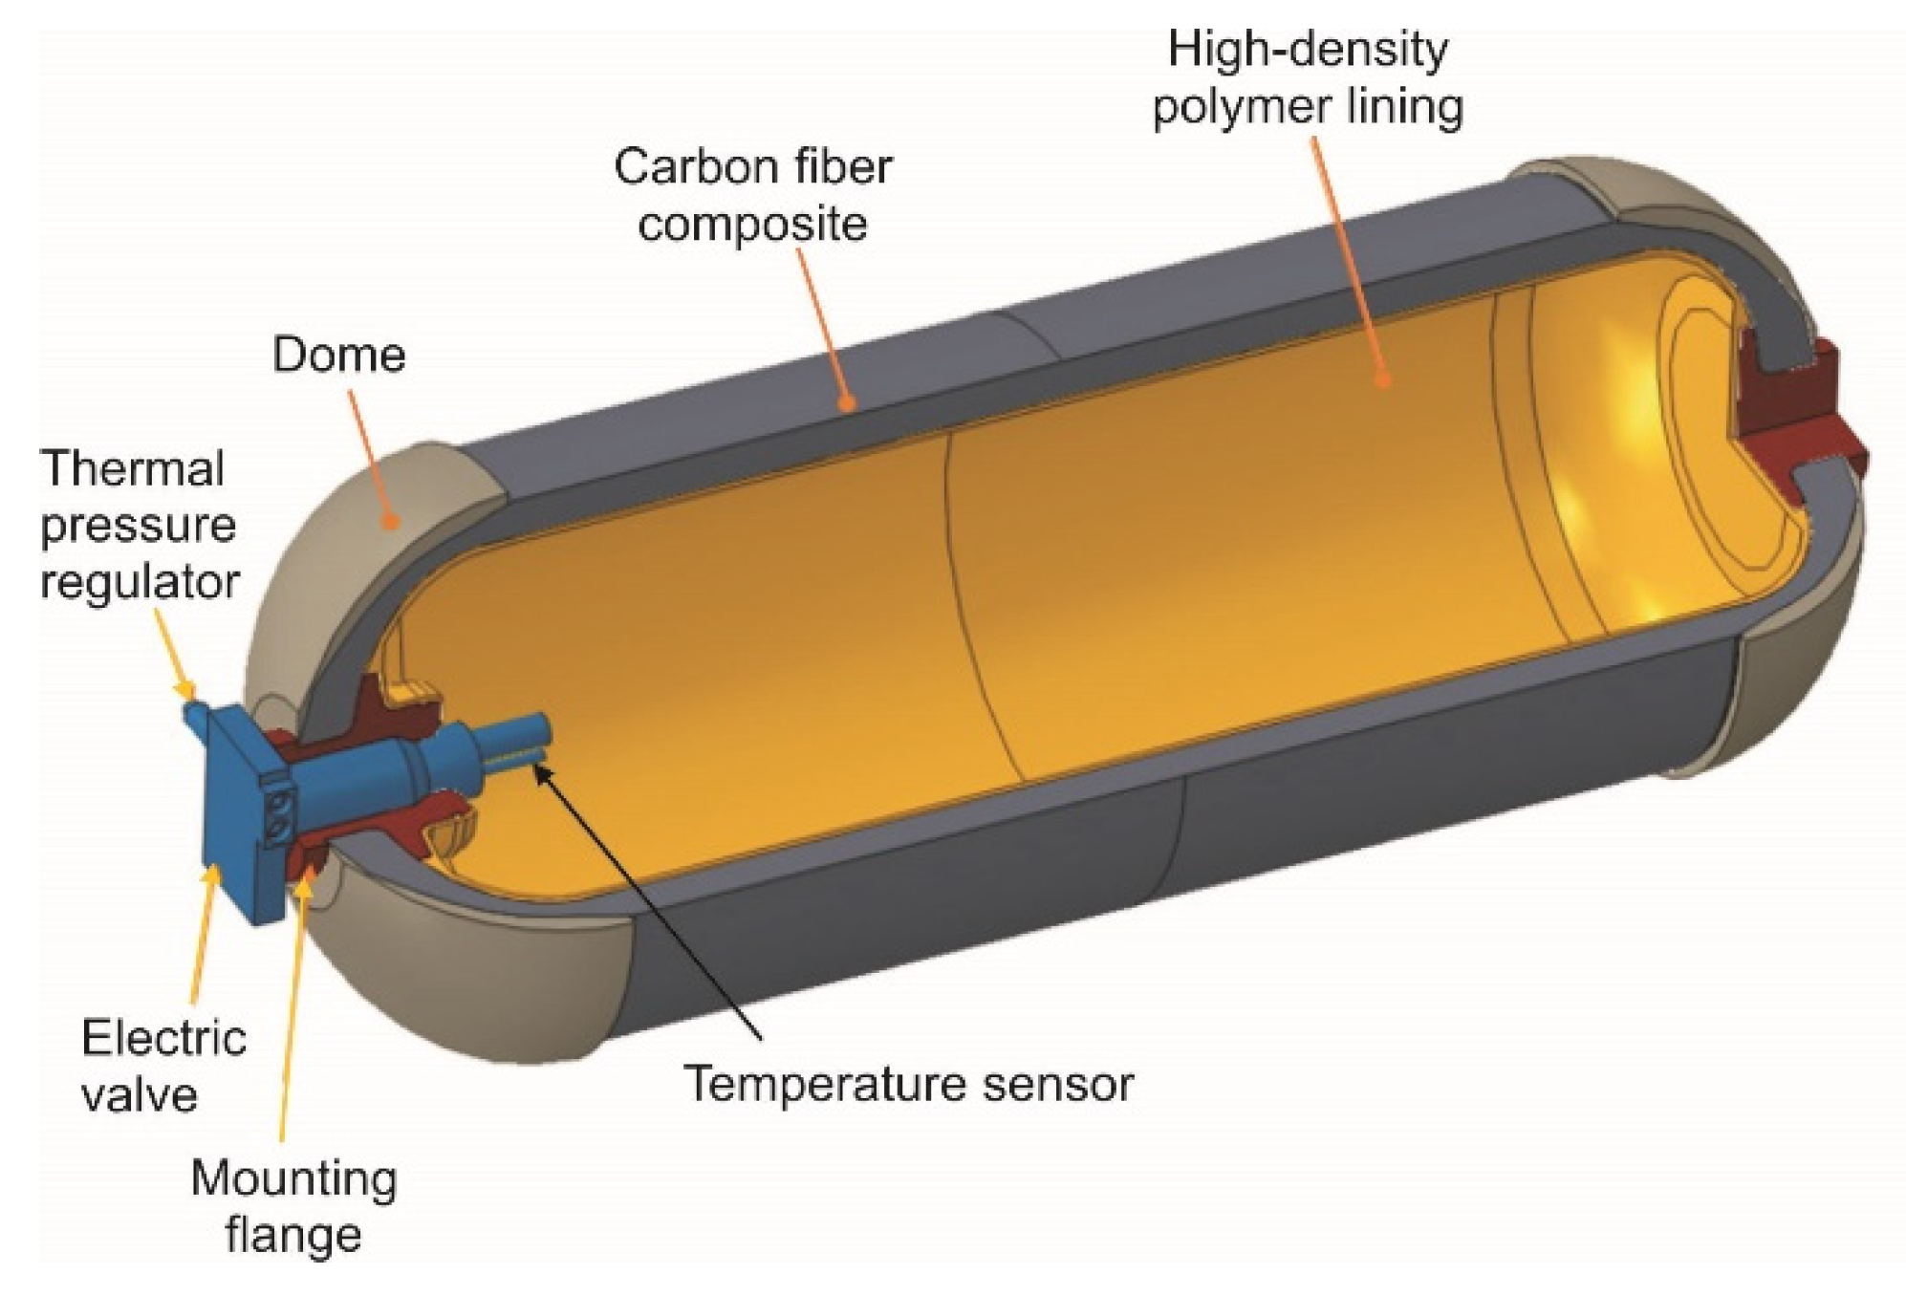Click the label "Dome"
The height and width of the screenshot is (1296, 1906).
point(339,355)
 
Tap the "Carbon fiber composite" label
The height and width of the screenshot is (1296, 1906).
point(752,196)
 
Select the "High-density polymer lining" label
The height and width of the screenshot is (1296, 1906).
point(1307,78)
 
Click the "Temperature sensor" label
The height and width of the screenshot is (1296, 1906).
point(909,1084)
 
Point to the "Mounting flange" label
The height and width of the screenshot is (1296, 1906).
point(293,1206)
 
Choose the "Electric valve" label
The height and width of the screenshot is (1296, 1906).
point(163,1066)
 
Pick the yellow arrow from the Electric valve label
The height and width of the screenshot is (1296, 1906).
point(205,937)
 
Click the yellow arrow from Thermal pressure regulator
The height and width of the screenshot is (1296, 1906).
point(178,659)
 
